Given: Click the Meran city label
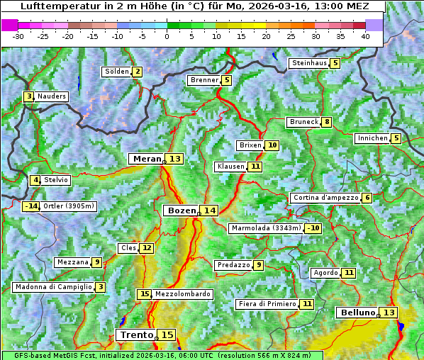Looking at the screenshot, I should [147, 159].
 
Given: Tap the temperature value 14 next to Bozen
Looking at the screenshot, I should [209, 210].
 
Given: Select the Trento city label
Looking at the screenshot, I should [136, 334].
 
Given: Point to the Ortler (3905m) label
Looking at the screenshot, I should [68, 206].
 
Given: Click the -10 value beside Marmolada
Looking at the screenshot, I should [313, 228].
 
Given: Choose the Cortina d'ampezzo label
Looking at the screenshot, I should [325, 198].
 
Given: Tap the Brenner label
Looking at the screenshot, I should [204, 80].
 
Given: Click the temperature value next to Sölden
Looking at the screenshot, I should [137, 72].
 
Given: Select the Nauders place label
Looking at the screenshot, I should [52, 96].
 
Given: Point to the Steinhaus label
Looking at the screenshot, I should [308, 63].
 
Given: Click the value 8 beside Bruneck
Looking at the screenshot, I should [326, 122].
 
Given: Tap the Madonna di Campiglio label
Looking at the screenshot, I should [53, 287].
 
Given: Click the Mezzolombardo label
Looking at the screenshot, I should [182, 294].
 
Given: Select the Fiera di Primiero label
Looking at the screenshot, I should [267, 304].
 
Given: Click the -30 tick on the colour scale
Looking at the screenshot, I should [18, 35].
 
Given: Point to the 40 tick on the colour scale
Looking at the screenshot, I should [365, 35].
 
